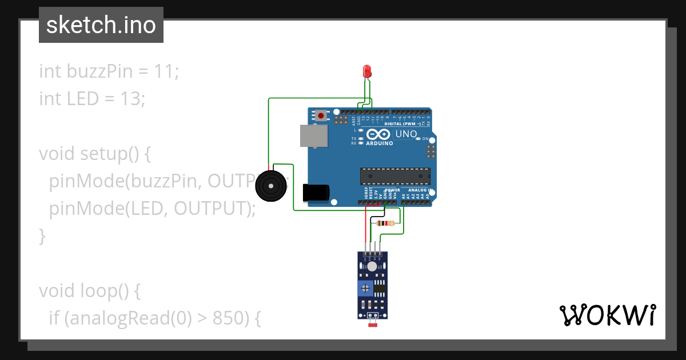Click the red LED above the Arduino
367,71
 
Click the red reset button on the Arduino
321,115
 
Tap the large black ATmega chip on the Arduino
394,177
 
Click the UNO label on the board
406,134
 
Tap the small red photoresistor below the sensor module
375,325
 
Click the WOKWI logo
608,315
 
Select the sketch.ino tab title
101,25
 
